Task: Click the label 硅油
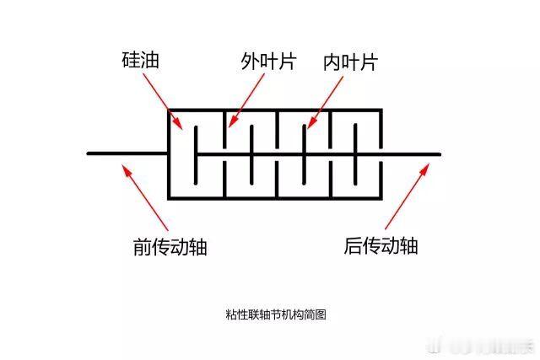(140, 61)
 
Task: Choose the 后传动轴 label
(381, 246)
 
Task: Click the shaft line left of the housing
(127, 153)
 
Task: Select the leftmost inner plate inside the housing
(196, 153)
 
